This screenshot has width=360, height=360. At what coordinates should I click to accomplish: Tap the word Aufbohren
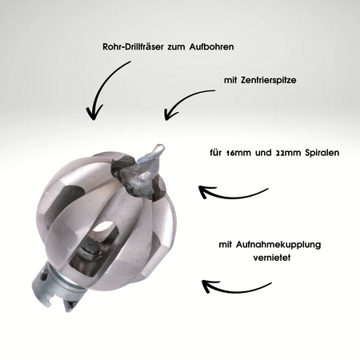pos(211,46)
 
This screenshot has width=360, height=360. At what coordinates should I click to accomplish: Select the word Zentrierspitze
pos(268,80)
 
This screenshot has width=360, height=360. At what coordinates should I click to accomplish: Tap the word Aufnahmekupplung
pos(278,245)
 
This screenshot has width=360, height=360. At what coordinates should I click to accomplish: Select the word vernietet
pos(272,258)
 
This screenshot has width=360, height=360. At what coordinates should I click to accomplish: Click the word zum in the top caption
pos(176,47)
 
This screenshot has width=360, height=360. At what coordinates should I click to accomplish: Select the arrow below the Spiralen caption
pos(232,196)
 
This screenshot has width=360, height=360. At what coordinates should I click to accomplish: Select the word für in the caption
pos(216,153)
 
